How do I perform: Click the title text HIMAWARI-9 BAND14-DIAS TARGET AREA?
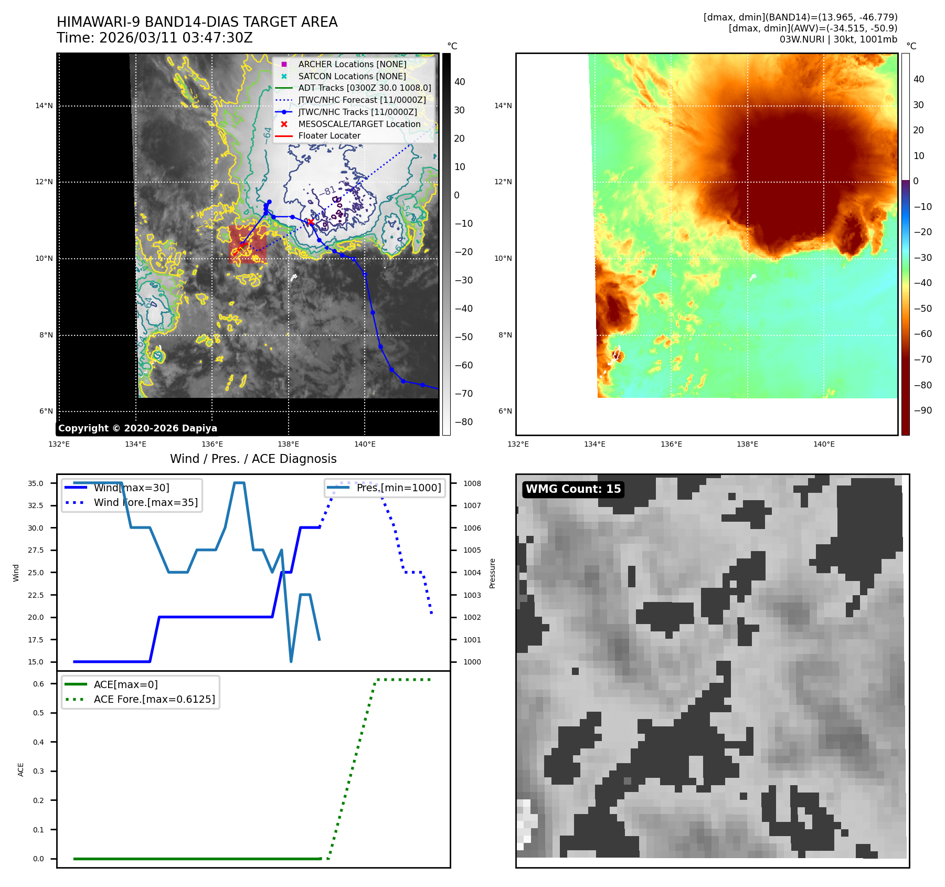pyautogui.click(x=197, y=22)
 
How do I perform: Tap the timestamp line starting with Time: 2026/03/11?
pyautogui.click(x=155, y=38)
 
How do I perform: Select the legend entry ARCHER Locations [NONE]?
pyautogui.click(x=352, y=64)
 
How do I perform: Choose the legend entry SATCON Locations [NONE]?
pyautogui.click(x=352, y=76)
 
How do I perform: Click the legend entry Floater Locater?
pyautogui.click(x=329, y=135)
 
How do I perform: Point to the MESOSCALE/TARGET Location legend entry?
pyautogui.click(x=359, y=124)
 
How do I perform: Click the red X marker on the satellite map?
pyautogui.click(x=311, y=222)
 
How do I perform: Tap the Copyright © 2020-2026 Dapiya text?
pyautogui.click(x=137, y=428)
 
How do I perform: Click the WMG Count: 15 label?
pyautogui.click(x=573, y=489)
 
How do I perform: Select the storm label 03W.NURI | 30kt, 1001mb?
pyautogui.click(x=838, y=39)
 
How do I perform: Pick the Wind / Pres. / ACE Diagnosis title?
pyautogui.click(x=253, y=459)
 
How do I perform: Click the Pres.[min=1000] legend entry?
pyautogui.click(x=398, y=488)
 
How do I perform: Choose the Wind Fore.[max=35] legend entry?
pyautogui.click(x=145, y=502)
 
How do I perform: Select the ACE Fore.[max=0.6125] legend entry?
pyautogui.click(x=154, y=699)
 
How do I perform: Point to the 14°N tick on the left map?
pyautogui.click(x=44, y=105)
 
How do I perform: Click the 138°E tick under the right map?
pyautogui.click(x=747, y=444)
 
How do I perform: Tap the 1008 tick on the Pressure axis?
pyautogui.click(x=472, y=483)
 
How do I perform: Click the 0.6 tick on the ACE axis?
pyautogui.click(x=38, y=684)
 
